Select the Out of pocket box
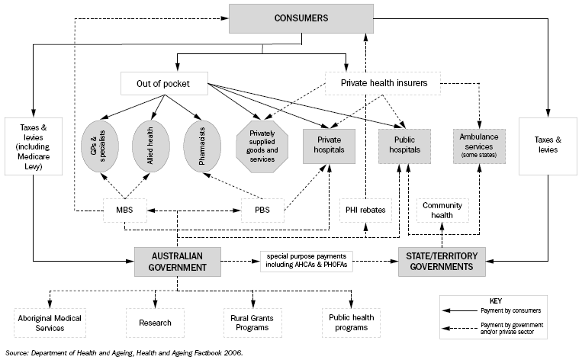coord(164,83)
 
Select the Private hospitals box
coord(330,145)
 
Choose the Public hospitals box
coord(404,145)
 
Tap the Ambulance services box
coord(480,144)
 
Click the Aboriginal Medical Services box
coord(49,322)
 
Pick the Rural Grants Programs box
coord(250,322)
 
